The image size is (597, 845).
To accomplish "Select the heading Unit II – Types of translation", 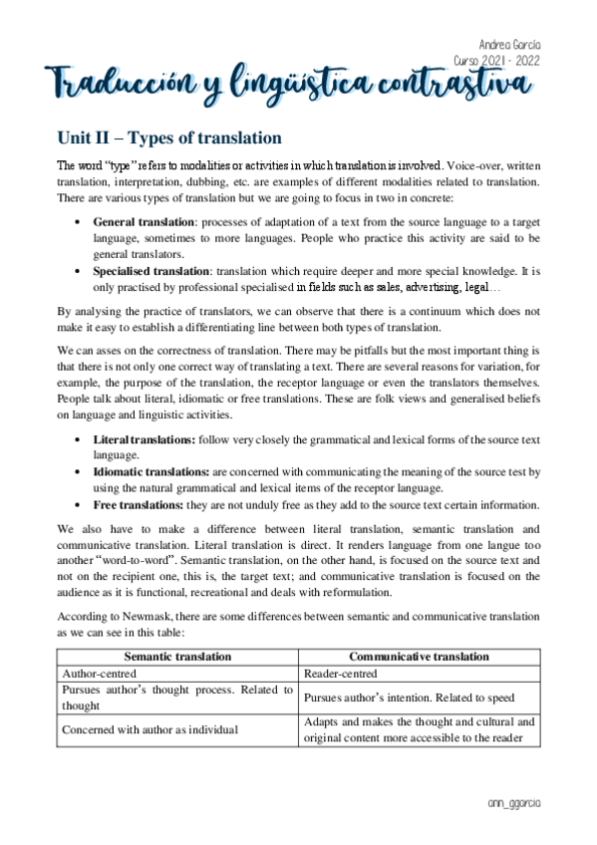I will [x=169, y=137].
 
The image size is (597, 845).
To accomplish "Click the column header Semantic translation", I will [x=177, y=657].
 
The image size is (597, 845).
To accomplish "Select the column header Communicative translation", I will [x=419, y=657].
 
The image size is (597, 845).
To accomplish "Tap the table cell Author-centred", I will [x=102, y=674].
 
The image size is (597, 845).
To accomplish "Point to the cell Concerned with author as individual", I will [x=149, y=729].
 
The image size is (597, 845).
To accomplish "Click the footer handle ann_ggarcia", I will [x=518, y=802].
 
